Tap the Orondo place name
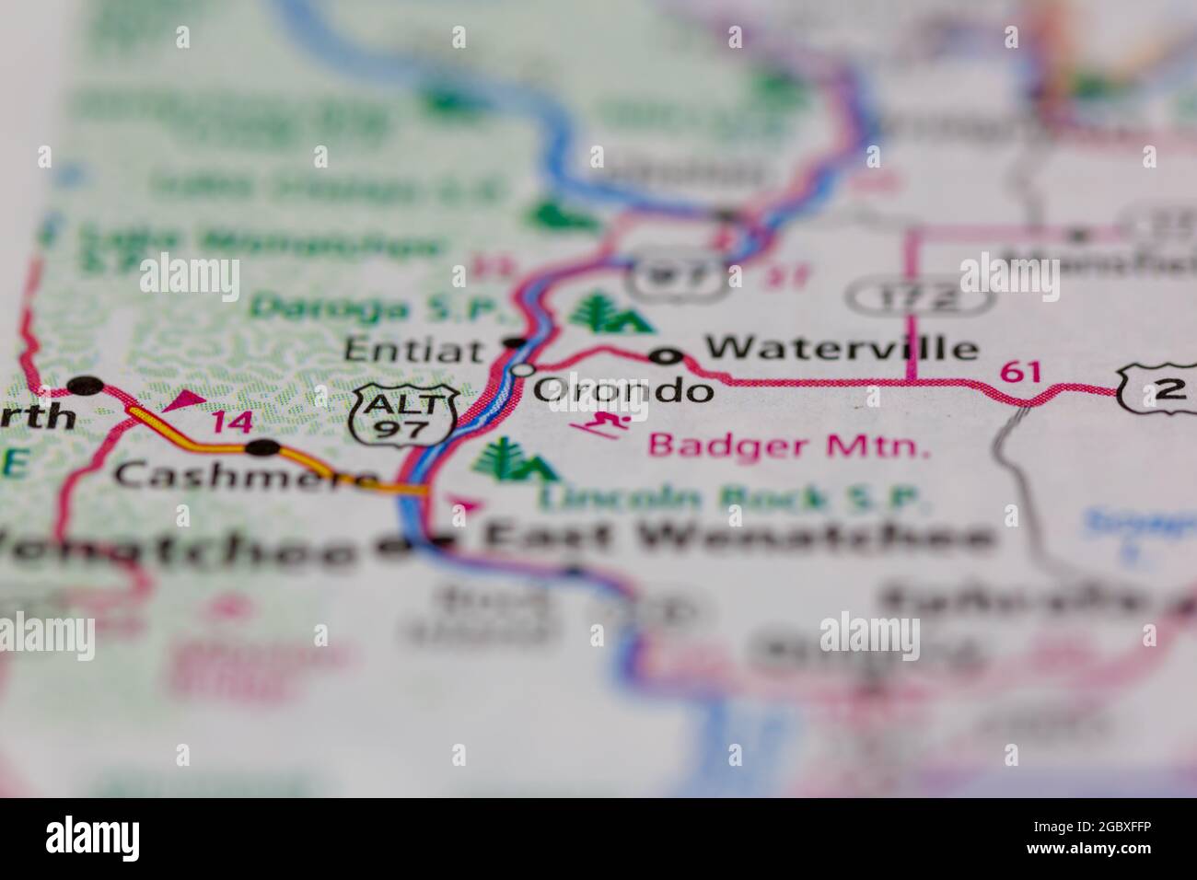(x=623, y=390)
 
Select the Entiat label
(x=413, y=350)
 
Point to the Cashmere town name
(x=245, y=476)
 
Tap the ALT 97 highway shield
(x=404, y=416)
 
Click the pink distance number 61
(x=1021, y=372)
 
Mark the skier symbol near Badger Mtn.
(x=603, y=425)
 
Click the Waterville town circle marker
(x=666, y=356)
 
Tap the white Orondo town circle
(x=522, y=370)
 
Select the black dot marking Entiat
(x=514, y=344)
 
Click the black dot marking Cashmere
(x=264, y=448)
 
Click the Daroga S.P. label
(x=375, y=307)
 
